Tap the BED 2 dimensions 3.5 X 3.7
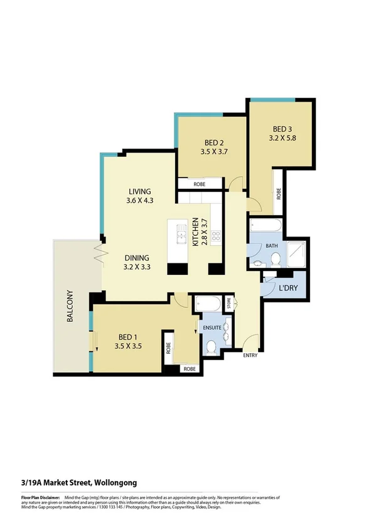tap(200, 151)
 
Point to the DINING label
tap(136, 257)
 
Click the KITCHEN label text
tap(196, 232)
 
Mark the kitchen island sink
tap(181, 235)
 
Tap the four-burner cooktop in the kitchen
tap(216, 236)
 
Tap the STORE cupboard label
tap(229, 304)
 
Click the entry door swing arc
tap(250, 342)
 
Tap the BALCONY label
tap(70, 306)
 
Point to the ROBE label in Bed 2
tap(200, 184)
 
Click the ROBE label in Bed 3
tap(278, 194)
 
